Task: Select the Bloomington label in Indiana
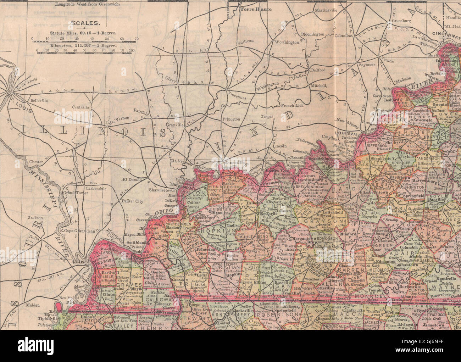click(x=312, y=34)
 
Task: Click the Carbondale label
click(x=94, y=188)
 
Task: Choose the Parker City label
click(x=132, y=201)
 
